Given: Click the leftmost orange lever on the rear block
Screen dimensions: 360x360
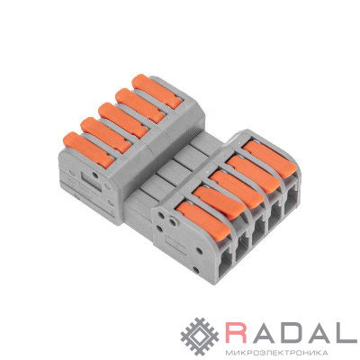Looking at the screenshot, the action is pos(88,149).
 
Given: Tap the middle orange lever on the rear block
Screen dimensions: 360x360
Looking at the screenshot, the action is pos(123,120).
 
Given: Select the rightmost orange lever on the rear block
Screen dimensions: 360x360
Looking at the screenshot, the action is pos(157,91).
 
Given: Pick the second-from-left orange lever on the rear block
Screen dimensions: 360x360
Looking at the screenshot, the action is pos(105,135).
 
